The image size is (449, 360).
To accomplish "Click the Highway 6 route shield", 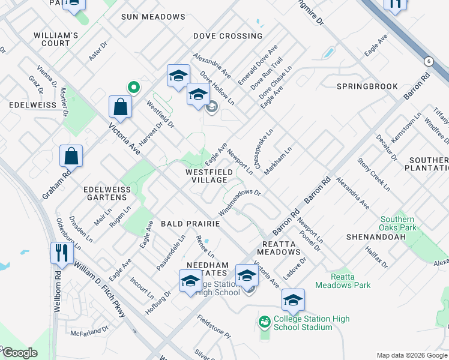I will pos(429,61).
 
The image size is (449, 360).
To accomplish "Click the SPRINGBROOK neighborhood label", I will pos(367,86).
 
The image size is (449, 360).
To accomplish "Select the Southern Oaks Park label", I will pos(397,223).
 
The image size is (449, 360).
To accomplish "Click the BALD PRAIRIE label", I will pos(190,223).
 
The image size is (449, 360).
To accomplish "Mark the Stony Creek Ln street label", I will pos(373,174).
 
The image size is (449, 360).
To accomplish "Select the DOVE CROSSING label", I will pos(228,36).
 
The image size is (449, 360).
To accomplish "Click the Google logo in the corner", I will pos(19,353).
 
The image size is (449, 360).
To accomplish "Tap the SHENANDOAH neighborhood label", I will pos(373,237).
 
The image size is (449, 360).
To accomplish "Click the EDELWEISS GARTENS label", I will pos(107,194).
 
